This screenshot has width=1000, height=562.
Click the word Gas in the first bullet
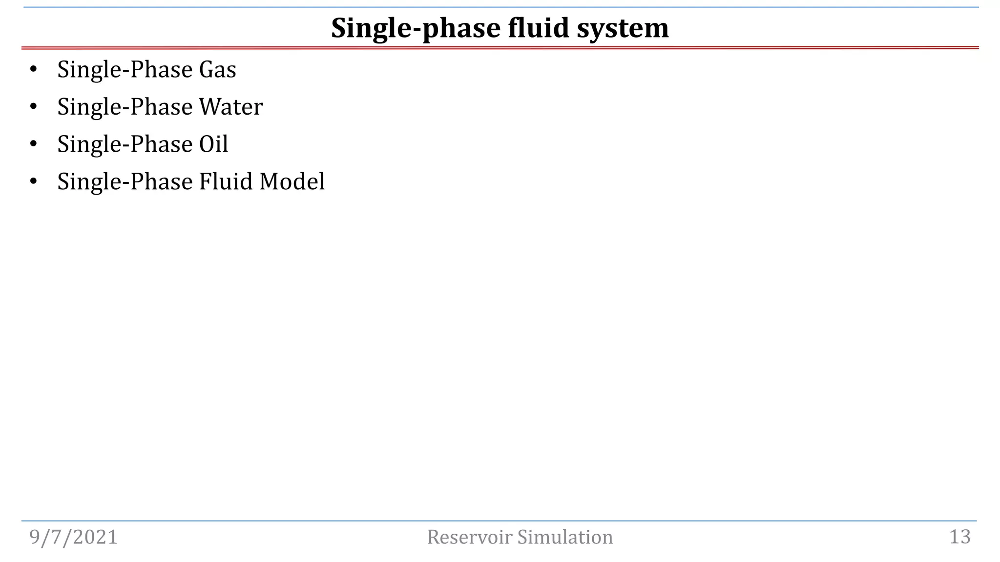[x=217, y=70]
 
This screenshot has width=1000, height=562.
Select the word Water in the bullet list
[x=231, y=107]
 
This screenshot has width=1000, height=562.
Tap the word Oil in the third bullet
[x=213, y=144]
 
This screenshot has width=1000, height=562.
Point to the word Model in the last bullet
[x=292, y=181]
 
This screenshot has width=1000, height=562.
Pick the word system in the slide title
[x=623, y=28]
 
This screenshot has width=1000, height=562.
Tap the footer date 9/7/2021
[x=74, y=537]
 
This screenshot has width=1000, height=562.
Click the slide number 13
[x=959, y=537]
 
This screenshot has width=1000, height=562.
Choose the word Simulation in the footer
[x=565, y=537]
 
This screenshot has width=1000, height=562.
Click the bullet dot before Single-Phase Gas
[x=33, y=70]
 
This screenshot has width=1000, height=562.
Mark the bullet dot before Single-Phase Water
[x=33, y=107]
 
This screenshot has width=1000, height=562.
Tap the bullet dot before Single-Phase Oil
[x=33, y=144]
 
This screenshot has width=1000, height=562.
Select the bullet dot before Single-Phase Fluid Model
[x=33, y=181]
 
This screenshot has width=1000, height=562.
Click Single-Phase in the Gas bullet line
[x=125, y=70]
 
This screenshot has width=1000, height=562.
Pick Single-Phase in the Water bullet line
[x=125, y=107]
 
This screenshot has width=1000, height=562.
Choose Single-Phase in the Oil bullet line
[x=125, y=144]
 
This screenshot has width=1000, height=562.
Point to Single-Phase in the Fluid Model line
[x=125, y=181]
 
